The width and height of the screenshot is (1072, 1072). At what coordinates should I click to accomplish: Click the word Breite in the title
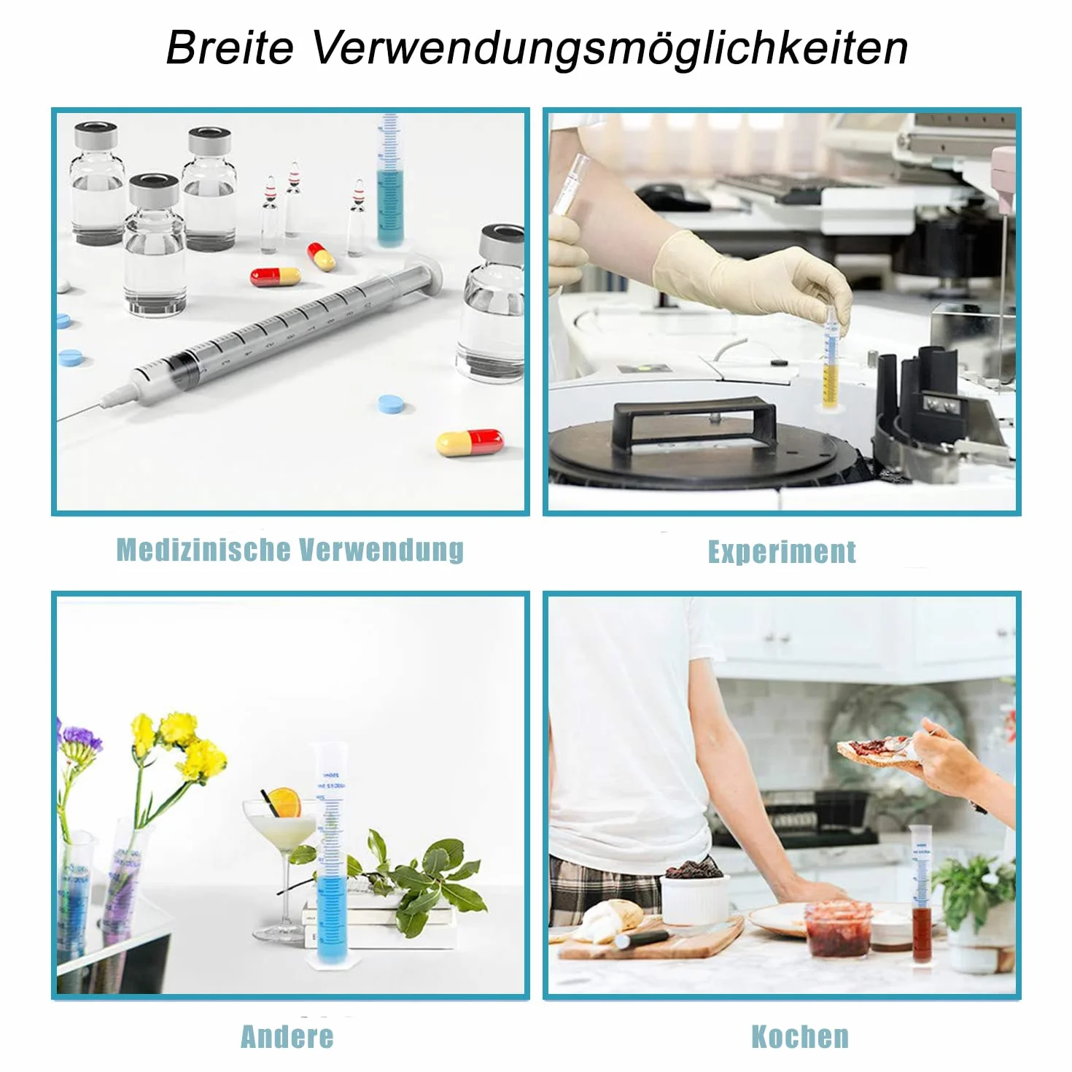[230, 48]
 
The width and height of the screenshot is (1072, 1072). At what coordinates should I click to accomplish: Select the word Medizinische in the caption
[203, 550]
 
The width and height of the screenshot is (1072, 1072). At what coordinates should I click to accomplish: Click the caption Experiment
[782, 552]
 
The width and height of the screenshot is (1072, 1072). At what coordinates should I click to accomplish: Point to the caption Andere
[287, 1036]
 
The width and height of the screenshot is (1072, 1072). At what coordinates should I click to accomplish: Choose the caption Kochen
[800, 1036]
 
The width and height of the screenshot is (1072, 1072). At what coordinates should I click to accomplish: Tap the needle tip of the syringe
[60, 419]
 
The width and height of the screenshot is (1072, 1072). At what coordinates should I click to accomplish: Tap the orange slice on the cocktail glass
[283, 803]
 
